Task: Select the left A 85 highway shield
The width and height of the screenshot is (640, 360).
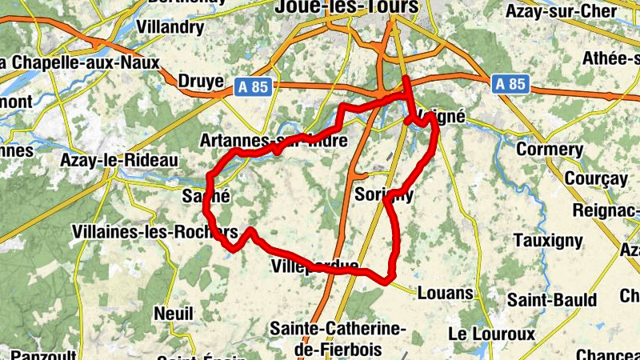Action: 254,85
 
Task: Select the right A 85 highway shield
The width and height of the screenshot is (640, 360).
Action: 510,83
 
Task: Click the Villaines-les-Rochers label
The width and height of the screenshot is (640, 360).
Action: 155,232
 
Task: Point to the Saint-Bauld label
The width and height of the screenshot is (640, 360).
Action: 552,301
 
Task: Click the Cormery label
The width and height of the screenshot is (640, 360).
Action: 550,150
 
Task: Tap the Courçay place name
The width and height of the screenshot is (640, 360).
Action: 596,178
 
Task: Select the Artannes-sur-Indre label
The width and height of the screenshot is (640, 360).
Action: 274,142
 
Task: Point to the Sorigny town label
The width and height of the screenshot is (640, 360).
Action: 384,195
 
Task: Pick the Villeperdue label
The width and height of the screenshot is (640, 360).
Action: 314,266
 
